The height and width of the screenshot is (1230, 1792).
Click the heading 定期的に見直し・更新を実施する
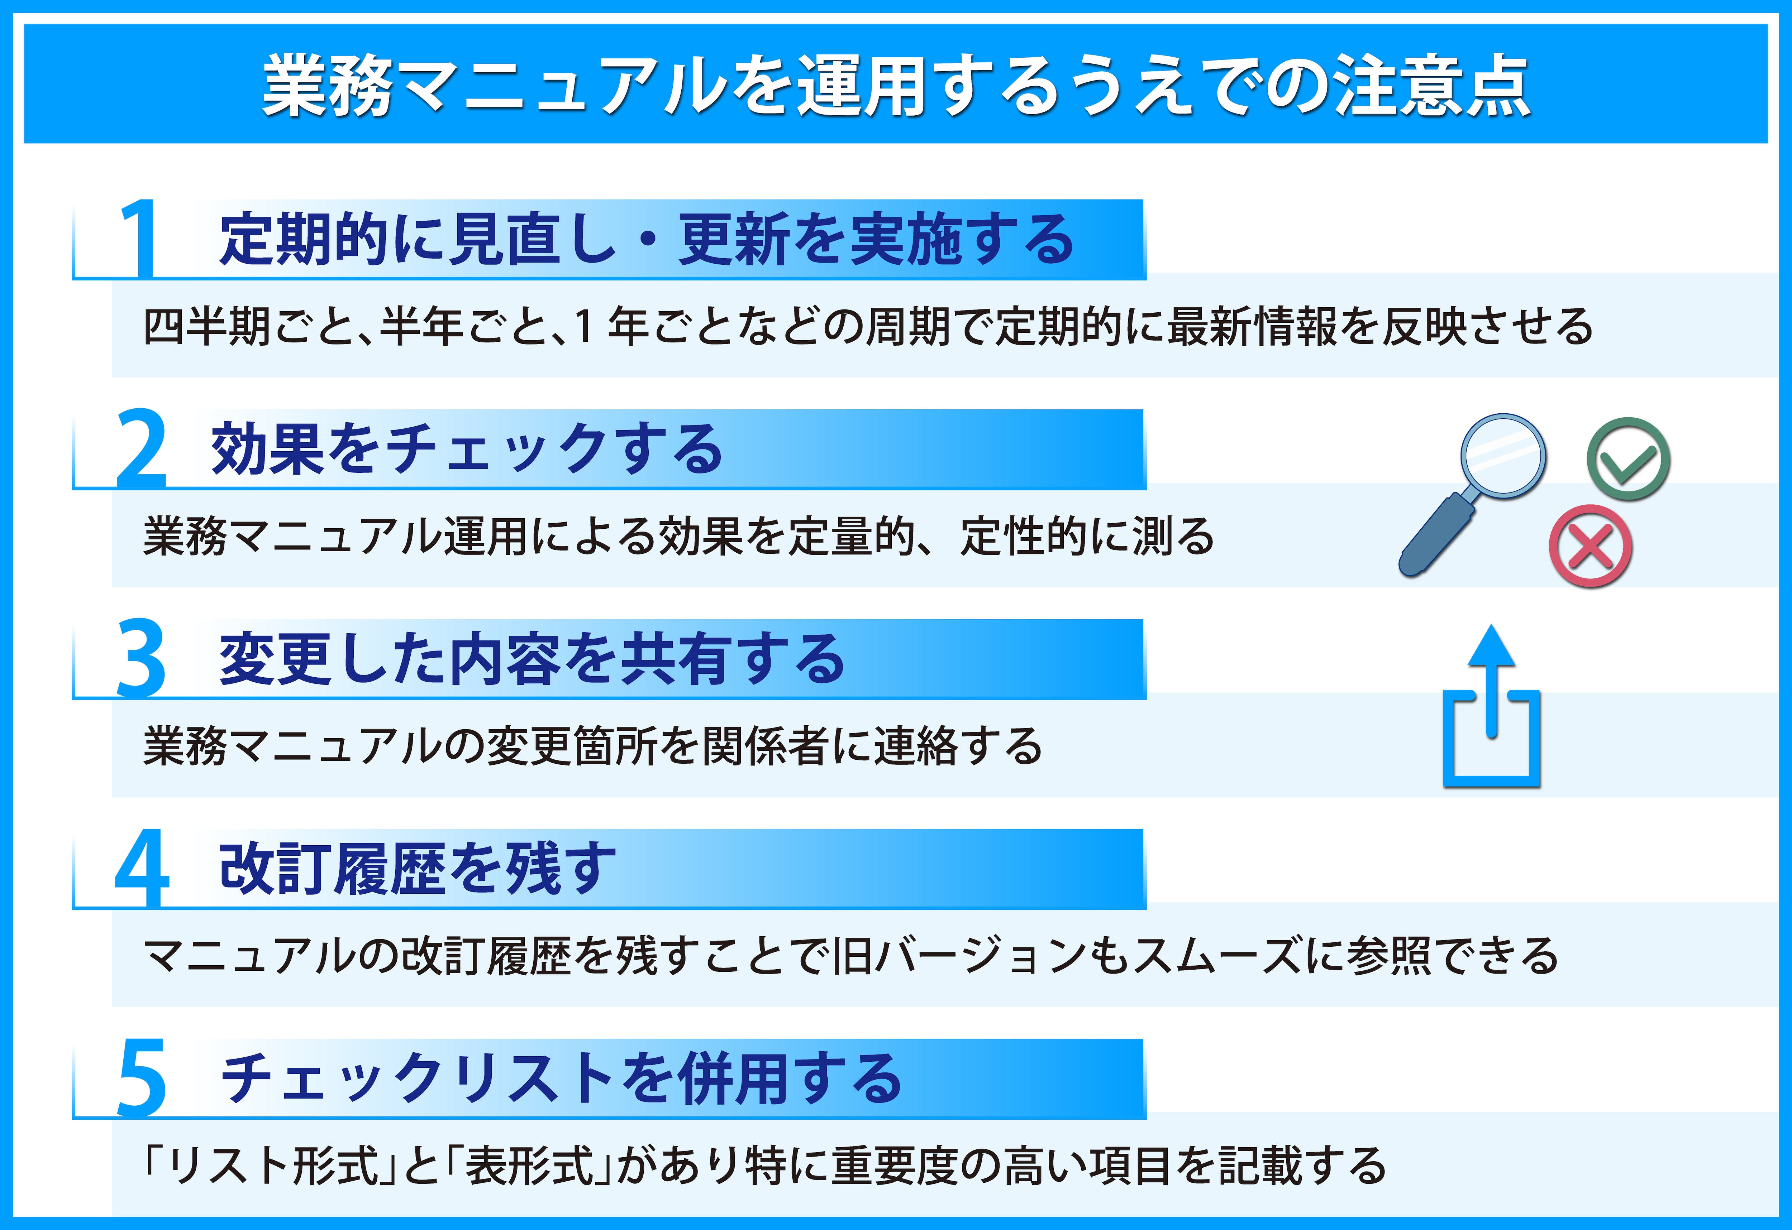click(646, 239)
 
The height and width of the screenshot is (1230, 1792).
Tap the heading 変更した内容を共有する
click(532, 659)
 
